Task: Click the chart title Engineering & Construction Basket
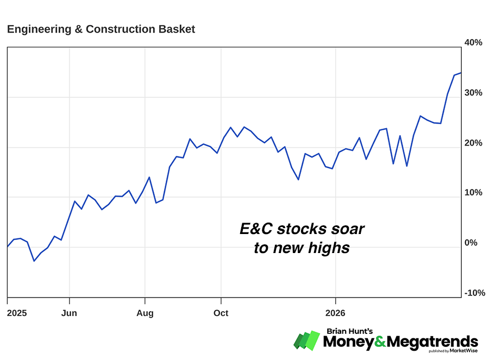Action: click(101, 29)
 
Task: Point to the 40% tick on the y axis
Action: click(473, 43)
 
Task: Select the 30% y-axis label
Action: click(473, 93)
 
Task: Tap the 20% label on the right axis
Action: click(473, 143)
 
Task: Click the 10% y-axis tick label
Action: click(473, 193)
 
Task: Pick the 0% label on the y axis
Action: click(471, 243)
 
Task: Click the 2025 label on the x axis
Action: click(17, 313)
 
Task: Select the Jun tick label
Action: click(70, 313)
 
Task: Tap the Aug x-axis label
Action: click(145, 313)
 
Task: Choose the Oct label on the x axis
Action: click(221, 313)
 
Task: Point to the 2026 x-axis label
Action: click(336, 313)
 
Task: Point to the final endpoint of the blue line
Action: click(461, 73)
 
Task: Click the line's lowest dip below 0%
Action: click(34, 261)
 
